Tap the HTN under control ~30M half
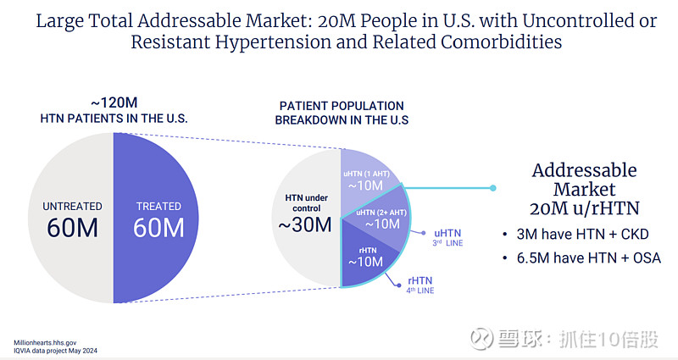[306, 216]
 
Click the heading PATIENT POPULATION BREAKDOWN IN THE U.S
[342, 113]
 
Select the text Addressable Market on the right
[584, 180]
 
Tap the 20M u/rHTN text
[584, 208]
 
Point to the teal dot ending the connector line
[492, 188]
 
